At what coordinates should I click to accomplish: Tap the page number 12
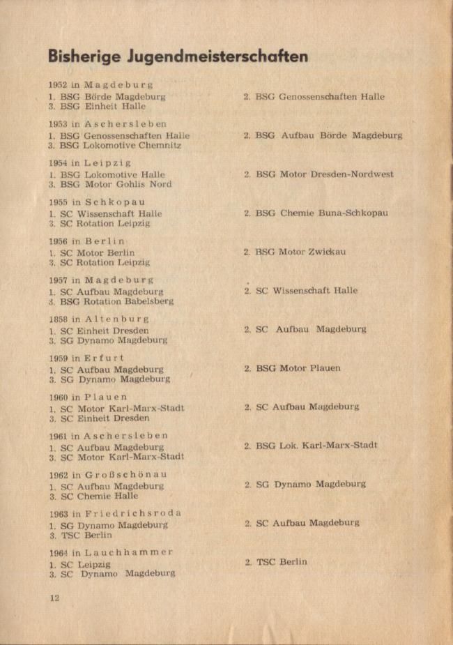(x=54, y=598)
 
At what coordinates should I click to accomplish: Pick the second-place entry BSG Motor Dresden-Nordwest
(x=324, y=174)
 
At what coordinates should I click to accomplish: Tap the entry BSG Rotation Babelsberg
(x=116, y=301)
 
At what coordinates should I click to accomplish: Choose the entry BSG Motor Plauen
(x=298, y=368)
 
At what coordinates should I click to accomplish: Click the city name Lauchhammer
(x=128, y=552)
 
